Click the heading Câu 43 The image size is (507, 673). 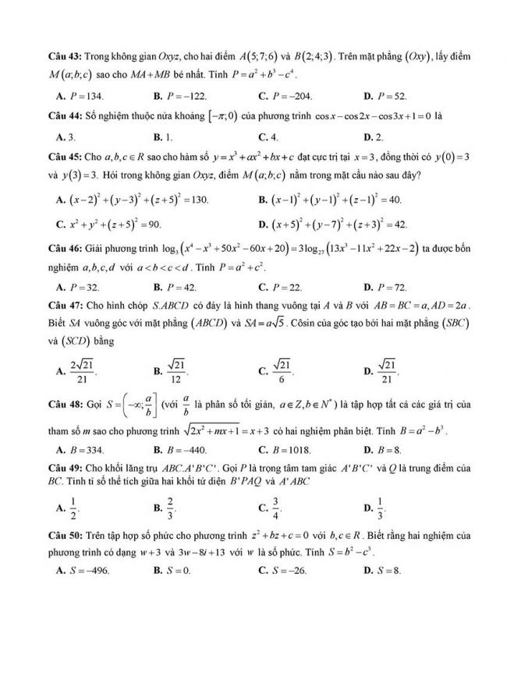(x=65, y=57)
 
